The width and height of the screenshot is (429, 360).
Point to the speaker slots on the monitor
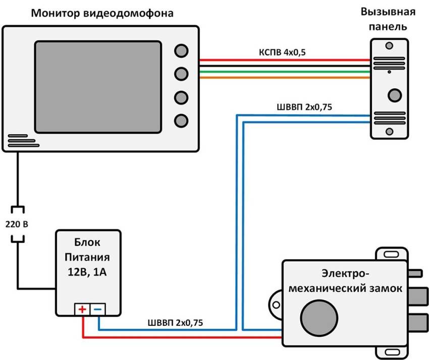click(x=23, y=141)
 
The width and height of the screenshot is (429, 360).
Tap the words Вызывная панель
click(x=389, y=19)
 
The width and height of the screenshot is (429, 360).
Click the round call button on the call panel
click(x=394, y=95)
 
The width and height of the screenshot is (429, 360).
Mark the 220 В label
click(x=17, y=223)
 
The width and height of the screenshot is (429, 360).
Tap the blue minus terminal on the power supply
click(x=98, y=309)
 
